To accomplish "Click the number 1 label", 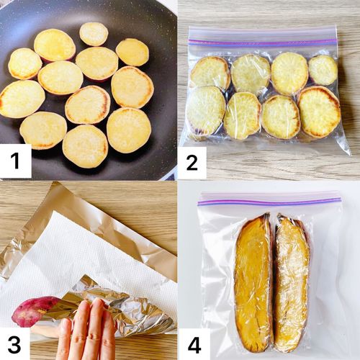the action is coord(15,161).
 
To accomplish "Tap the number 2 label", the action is coord(192,163).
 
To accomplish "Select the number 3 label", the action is coord(14,344).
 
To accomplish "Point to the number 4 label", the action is coord(194,344).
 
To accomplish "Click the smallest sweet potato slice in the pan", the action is coord(94,34).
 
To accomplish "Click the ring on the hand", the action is coord(95,337).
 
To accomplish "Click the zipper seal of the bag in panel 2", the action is coord(263,42).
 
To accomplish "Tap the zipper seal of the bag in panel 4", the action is coord(269,201).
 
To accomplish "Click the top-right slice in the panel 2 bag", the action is coord(323,70).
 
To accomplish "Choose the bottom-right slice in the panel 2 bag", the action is coord(319,112).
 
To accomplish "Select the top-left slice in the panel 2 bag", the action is coord(210,72).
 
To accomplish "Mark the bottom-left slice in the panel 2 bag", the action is coord(207,110).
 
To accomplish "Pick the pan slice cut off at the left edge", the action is coord(22,99).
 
